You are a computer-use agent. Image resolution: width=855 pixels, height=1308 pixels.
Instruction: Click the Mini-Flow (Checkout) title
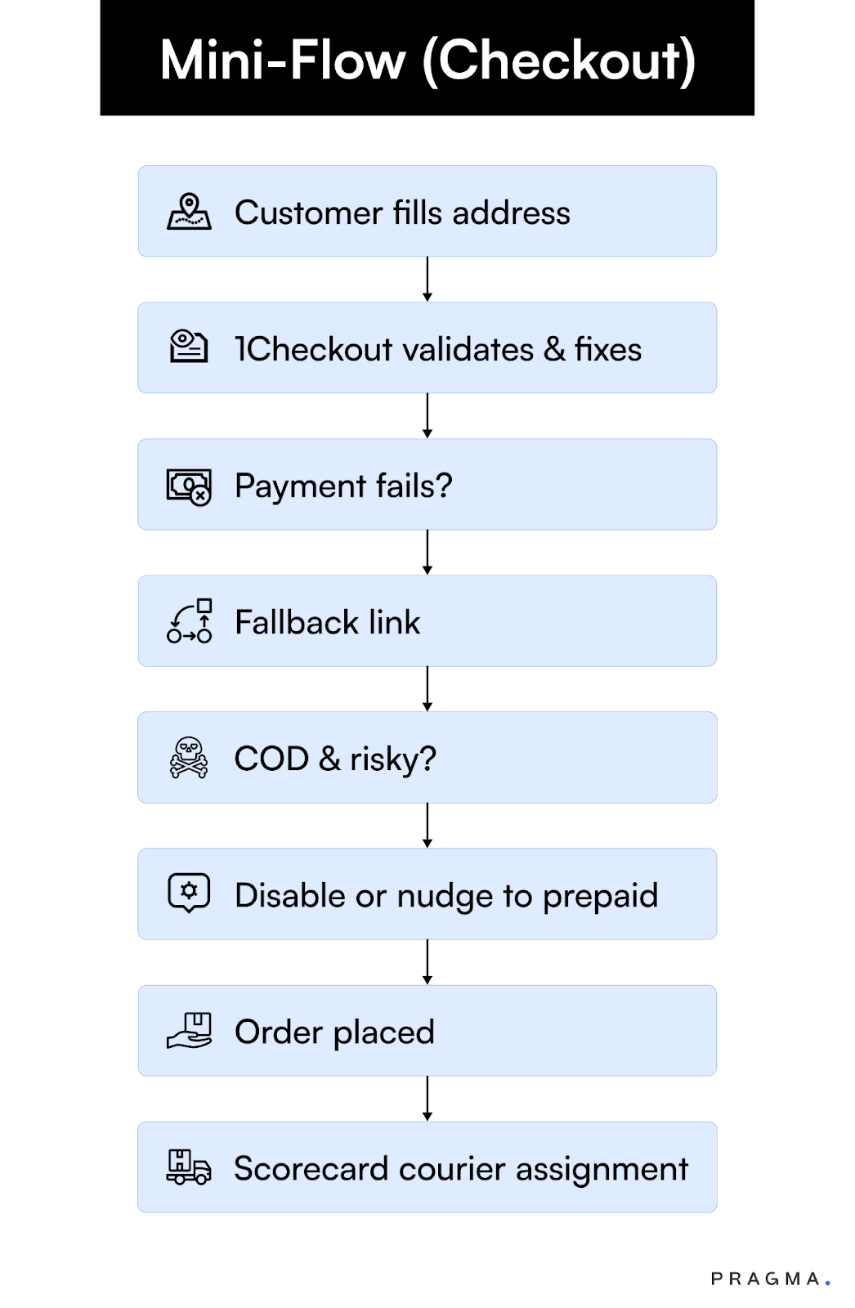[x=427, y=60]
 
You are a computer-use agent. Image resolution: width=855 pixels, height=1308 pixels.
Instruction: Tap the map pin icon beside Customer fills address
[x=189, y=212]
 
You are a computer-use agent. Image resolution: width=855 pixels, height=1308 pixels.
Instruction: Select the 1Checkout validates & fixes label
[x=438, y=349]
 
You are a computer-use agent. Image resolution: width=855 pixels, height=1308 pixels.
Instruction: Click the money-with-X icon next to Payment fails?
[x=189, y=486]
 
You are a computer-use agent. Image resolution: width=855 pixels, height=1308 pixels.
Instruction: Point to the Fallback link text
[x=327, y=622]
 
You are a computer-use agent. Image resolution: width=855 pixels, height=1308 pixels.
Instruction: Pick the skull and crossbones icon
[x=189, y=758]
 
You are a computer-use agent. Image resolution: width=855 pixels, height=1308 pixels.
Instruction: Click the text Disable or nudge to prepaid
[x=446, y=895]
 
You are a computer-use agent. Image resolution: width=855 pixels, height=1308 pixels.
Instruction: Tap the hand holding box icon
[x=189, y=1031]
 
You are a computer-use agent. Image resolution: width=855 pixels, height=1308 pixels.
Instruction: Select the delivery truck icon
[x=189, y=1167]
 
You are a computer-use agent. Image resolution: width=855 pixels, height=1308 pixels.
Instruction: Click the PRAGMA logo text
[x=766, y=1279]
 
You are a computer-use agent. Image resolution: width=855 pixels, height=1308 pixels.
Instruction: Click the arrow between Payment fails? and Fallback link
[x=427, y=553]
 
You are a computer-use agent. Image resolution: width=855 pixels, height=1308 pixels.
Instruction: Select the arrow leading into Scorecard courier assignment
[x=427, y=1099]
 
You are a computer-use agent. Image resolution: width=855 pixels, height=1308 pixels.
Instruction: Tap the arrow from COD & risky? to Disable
[x=427, y=826]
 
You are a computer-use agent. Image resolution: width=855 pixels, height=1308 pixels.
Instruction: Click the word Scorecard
[x=311, y=1168]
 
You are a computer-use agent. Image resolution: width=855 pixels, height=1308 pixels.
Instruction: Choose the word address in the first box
[x=512, y=213]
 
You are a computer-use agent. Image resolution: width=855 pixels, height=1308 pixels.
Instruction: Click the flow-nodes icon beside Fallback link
[x=189, y=622]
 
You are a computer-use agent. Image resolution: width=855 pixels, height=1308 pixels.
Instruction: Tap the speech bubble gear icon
[x=189, y=893]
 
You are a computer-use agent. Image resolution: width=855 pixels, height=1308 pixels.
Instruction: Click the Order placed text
[x=334, y=1033]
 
